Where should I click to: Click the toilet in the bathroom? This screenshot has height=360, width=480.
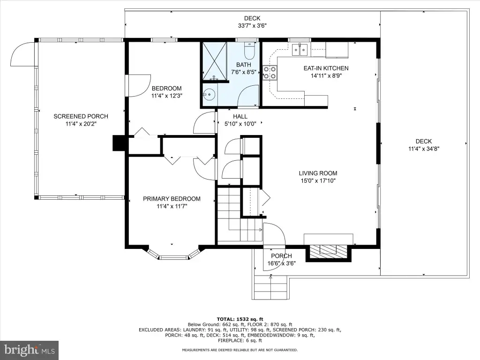[x=249, y=51]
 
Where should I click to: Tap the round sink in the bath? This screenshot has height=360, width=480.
[x=209, y=94]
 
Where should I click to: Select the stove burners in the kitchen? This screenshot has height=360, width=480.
[x=270, y=73]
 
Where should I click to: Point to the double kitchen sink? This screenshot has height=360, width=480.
[x=300, y=50]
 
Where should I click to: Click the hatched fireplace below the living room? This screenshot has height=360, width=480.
[x=329, y=252]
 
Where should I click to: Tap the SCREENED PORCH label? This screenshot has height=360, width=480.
[x=81, y=116]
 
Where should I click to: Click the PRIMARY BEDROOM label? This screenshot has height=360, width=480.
[x=172, y=199]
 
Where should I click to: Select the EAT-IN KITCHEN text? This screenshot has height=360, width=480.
[x=326, y=68]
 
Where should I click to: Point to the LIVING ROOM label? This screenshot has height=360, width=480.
[x=318, y=173]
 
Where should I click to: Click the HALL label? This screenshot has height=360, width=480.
[x=240, y=117]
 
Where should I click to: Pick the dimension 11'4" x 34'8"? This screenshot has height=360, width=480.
[x=424, y=149]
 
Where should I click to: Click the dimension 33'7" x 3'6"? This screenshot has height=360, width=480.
[x=252, y=26]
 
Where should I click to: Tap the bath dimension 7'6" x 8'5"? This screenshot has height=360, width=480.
[x=243, y=72]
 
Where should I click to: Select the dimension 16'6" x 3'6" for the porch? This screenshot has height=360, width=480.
[x=282, y=263]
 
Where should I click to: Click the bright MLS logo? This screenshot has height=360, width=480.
[x=30, y=350]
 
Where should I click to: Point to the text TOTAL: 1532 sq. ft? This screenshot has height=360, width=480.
[x=240, y=319]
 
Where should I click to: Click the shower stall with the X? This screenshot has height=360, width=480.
[x=215, y=61]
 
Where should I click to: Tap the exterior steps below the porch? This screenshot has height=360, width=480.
[x=270, y=287]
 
